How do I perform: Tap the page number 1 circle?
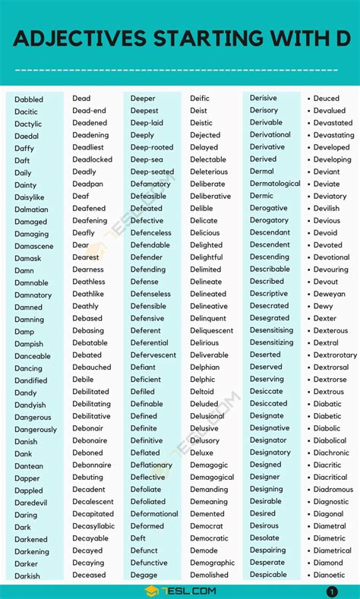click(x=332, y=591)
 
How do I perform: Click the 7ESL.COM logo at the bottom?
click(x=179, y=591)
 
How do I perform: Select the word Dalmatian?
click(x=31, y=210)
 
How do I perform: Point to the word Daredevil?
click(x=31, y=503)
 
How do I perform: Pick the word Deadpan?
click(x=87, y=184)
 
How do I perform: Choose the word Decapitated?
click(x=93, y=514)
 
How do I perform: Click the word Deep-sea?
click(x=147, y=159)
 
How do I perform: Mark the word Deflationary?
click(x=151, y=465)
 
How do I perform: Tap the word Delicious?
click(x=205, y=233)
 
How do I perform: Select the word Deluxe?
click(x=202, y=452)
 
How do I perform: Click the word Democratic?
click(x=209, y=538)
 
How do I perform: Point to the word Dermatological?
click(x=275, y=184)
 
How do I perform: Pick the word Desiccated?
click(x=269, y=404)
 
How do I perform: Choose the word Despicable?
click(x=269, y=575)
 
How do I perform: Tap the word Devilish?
click(x=327, y=209)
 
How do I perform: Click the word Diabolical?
click(x=330, y=440)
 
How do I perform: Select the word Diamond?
click(x=328, y=563)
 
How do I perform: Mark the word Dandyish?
click(x=30, y=405)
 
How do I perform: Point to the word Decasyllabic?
click(x=93, y=526)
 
